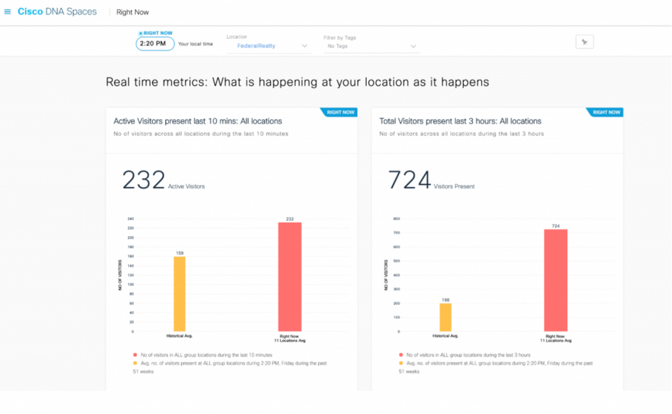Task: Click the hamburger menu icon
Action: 8,12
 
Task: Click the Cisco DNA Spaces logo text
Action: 57,12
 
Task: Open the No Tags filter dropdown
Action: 370,46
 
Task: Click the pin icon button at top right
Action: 584,42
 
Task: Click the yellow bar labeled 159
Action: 179,293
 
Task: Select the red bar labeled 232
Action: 289,276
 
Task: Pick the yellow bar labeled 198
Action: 446,317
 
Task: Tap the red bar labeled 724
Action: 555,280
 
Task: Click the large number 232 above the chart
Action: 143,180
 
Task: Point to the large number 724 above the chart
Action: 409,180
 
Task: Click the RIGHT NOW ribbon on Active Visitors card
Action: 341,113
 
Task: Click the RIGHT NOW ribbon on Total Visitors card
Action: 606,113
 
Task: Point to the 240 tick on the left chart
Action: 130,219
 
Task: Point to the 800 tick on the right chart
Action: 396,219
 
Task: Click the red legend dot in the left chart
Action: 135,354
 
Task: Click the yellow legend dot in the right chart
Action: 401,363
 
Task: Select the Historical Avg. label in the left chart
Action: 179,336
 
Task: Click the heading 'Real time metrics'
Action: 297,82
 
